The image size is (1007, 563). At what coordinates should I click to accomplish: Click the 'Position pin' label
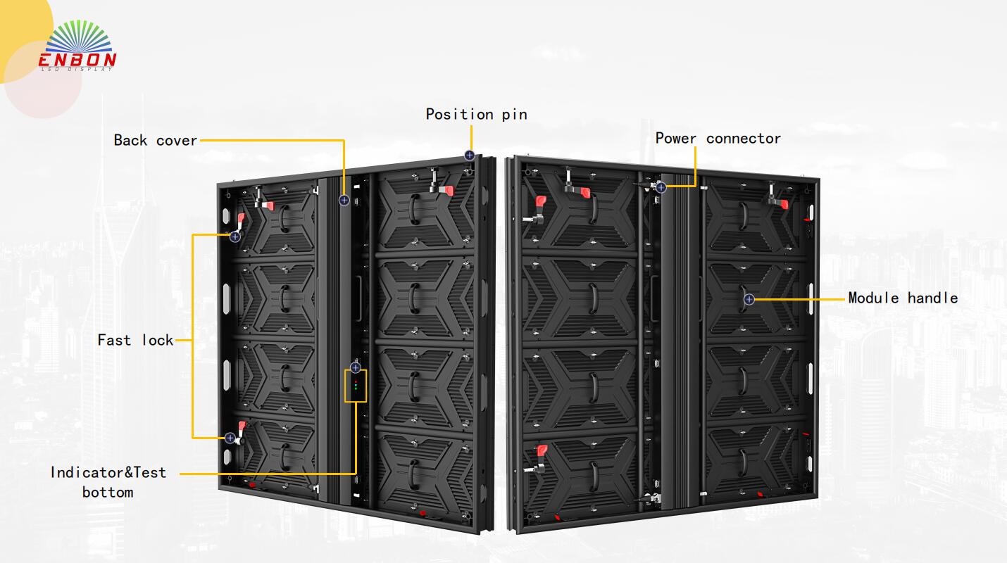coord(476,114)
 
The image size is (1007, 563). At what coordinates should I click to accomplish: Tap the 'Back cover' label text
coord(156,140)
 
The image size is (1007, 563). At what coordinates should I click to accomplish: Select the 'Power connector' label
coord(718,138)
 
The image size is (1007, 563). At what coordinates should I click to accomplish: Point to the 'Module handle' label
coord(903,298)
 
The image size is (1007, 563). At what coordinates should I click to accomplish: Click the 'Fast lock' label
coord(135,340)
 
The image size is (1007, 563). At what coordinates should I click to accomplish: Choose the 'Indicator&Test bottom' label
coord(108,481)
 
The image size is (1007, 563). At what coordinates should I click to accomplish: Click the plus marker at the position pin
coord(470,156)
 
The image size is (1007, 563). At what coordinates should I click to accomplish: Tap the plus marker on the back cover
coord(344,201)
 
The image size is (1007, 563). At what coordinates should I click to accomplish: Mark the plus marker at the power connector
coord(661,187)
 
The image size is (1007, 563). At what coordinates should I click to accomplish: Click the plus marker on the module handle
coord(749,299)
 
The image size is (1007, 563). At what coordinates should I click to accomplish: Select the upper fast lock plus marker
coord(235,237)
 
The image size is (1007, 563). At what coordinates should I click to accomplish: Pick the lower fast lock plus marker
coord(230,438)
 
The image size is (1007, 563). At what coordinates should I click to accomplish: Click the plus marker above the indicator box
coord(356,367)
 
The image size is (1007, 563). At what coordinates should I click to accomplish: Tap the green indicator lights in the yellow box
coord(356,385)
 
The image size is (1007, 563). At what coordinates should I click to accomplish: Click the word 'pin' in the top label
coord(514,114)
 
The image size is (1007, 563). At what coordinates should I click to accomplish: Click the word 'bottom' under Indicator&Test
coord(108,492)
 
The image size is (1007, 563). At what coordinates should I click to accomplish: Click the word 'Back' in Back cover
coord(130,140)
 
